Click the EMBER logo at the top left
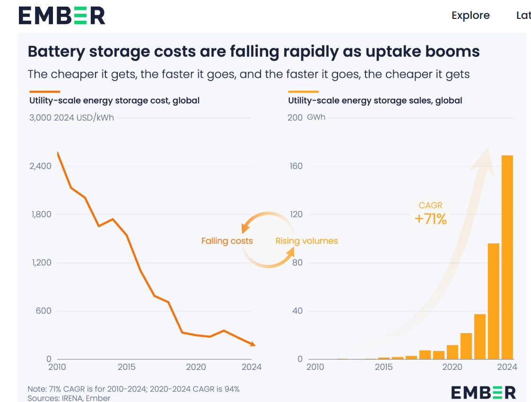[x=61, y=15]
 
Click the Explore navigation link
[x=470, y=15]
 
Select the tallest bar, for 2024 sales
[x=507, y=257]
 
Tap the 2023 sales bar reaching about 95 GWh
[x=493, y=301]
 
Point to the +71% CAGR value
[x=430, y=219]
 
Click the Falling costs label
[x=227, y=241]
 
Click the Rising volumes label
[x=306, y=241]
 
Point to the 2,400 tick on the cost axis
[x=42, y=166]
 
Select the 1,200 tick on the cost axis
[x=42, y=263]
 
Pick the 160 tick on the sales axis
[x=295, y=166]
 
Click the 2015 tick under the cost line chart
[x=126, y=367]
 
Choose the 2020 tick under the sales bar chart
[x=452, y=367]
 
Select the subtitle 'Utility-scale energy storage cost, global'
[x=114, y=101]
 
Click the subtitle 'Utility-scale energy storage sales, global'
[x=375, y=101]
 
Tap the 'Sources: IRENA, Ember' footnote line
[x=69, y=398]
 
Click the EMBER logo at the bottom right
[x=483, y=392]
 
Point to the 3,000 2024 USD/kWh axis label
[x=71, y=118]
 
